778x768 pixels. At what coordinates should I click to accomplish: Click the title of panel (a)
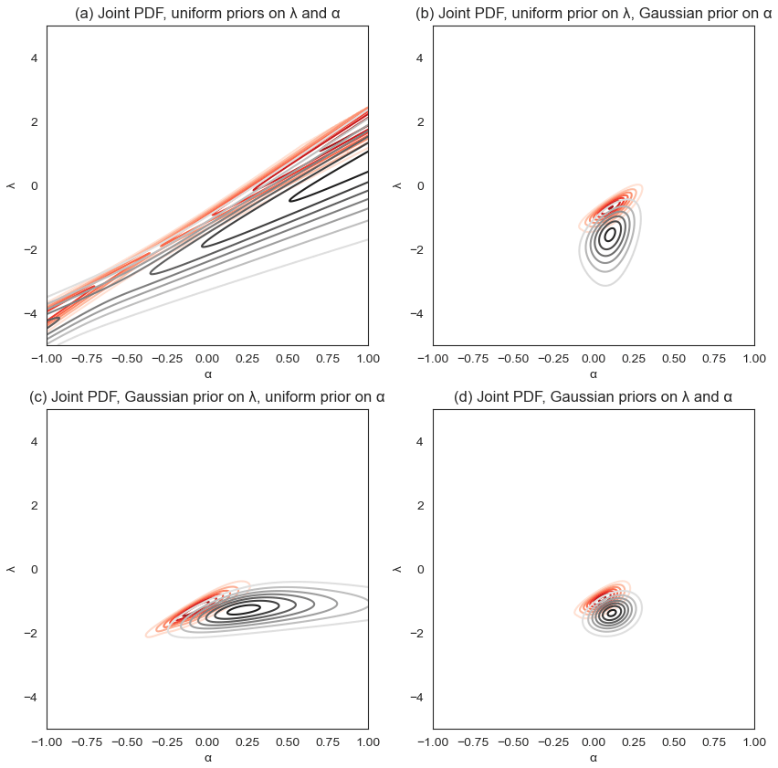[x=207, y=14]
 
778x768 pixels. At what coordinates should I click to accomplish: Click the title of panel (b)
[x=593, y=14]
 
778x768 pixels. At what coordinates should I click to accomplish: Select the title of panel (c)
[x=207, y=397]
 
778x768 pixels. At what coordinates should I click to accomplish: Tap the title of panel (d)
[x=593, y=397]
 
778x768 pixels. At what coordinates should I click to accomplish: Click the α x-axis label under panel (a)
[x=207, y=373]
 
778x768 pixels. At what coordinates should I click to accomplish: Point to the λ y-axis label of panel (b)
[x=397, y=185]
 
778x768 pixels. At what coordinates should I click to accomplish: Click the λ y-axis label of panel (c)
[x=11, y=569]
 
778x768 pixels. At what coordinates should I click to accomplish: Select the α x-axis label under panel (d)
[x=593, y=757]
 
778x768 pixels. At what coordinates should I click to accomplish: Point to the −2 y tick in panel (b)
[x=418, y=249]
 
